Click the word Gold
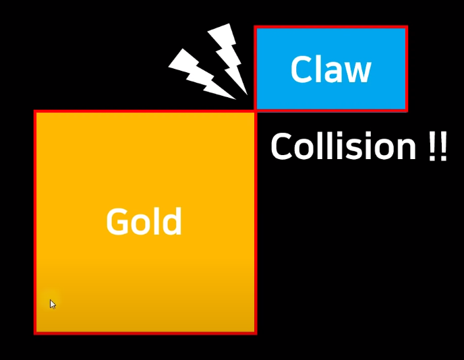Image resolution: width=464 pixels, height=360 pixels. tap(144, 222)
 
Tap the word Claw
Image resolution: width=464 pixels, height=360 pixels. tap(330, 69)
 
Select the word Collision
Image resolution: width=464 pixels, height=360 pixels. tap(343, 146)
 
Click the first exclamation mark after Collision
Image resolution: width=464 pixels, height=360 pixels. tap(432, 147)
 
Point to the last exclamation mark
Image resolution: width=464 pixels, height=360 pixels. tap(443, 147)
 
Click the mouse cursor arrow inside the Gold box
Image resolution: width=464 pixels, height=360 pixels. tap(53, 303)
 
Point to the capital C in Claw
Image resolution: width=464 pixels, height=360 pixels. tap(301, 70)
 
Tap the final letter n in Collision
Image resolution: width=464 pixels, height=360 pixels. tap(407, 149)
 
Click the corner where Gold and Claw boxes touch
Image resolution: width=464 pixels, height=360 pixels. tap(256, 111)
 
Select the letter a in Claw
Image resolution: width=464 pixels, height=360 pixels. tap(335, 72)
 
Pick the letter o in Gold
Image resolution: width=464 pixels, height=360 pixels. tap(142, 224)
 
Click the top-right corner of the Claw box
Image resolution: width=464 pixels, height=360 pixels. tap(406, 28)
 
